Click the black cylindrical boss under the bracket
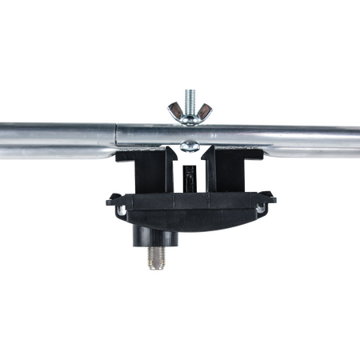point(154,234)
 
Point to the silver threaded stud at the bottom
point(154,260)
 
